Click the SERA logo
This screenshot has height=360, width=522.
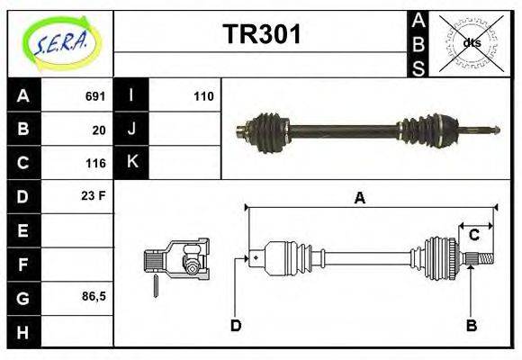pyautogui.click(x=60, y=42)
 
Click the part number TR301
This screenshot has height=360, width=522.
pyautogui.click(x=261, y=36)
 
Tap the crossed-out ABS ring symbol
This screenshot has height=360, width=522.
pyautogui.click(x=471, y=42)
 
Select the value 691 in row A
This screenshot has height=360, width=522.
pyautogui.click(x=95, y=96)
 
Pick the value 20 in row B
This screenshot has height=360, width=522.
pyautogui.click(x=99, y=130)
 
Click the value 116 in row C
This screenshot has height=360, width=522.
pyautogui.click(x=95, y=163)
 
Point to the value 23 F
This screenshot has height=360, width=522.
pyautogui.click(x=94, y=194)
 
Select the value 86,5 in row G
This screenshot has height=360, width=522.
pyautogui.click(x=92, y=296)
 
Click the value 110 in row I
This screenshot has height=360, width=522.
pyautogui.click(x=203, y=96)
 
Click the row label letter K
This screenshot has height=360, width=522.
pyautogui.click(x=131, y=163)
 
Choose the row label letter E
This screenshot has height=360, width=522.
pyautogui.click(x=22, y=230)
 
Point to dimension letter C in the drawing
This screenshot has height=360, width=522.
pyautogui.click(x=473, y=236)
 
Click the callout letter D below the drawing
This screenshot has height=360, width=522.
pyautogui.click(x=236, y=325)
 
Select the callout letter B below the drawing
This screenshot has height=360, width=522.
pyautogui.click(x=471, y=325)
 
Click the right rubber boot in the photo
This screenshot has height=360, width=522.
pyautogui.click(x=430, y=131)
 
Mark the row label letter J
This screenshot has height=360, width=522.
pyautogui.click(x=131, y=130)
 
